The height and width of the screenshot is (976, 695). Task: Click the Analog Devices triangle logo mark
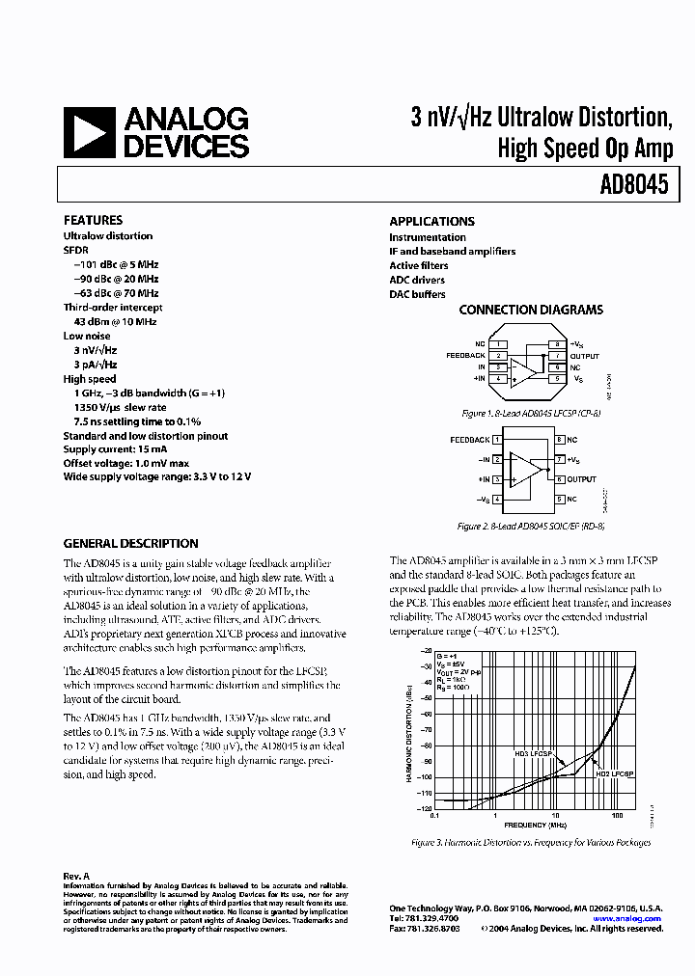click(90, 132)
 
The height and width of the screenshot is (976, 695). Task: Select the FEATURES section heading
click(93, 220)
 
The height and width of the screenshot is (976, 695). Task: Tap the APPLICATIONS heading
click(431, 221)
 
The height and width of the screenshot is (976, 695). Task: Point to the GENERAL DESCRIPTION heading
click(130, 543)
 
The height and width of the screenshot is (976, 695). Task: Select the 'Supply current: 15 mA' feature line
click(114, 449)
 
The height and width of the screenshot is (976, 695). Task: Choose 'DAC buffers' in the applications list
click(417, 294)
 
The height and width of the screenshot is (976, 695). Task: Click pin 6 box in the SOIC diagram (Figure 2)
click(559, 479)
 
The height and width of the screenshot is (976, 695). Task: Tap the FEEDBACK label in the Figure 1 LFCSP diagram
click(465, 355)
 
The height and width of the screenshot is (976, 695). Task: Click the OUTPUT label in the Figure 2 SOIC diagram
click(581, 479)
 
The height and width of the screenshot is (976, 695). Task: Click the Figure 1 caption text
click(531, 413)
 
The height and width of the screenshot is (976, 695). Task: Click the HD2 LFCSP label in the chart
click(614, 773)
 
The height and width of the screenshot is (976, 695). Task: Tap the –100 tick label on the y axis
click(425, 777)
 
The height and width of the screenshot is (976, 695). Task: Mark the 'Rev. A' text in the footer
click(76, 876)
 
